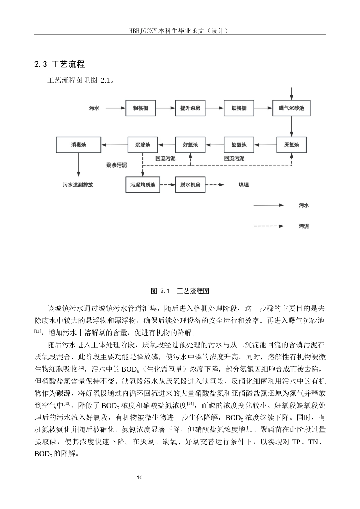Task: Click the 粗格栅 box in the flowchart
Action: [x=141, y=108]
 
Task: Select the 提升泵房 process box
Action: [x=190, y=108]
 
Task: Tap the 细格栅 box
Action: [x=239, y=108]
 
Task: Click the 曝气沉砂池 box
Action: [x=291, y=108]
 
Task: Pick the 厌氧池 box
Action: [x=291, y=145]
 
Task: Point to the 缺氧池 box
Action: [x=239, y=145]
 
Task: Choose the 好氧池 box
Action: [x=190, y=145]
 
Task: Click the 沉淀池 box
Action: [x=142, y=145]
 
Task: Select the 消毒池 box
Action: [x=78, y=145]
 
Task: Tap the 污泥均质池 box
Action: [x=142, y=185]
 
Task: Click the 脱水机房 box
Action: [x=190, y=185]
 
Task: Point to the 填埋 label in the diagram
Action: [x=244, y=185]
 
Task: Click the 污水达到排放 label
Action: [x=78, y=185]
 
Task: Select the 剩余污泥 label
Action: [x=117, y=165]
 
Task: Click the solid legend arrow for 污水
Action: [x=268, y=205]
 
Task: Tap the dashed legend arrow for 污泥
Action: [x=268, y=226]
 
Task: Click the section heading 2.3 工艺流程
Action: [x=59, y=64]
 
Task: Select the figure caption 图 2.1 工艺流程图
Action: [x=180, y=291]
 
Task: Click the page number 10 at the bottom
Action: [x=140, y=478]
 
